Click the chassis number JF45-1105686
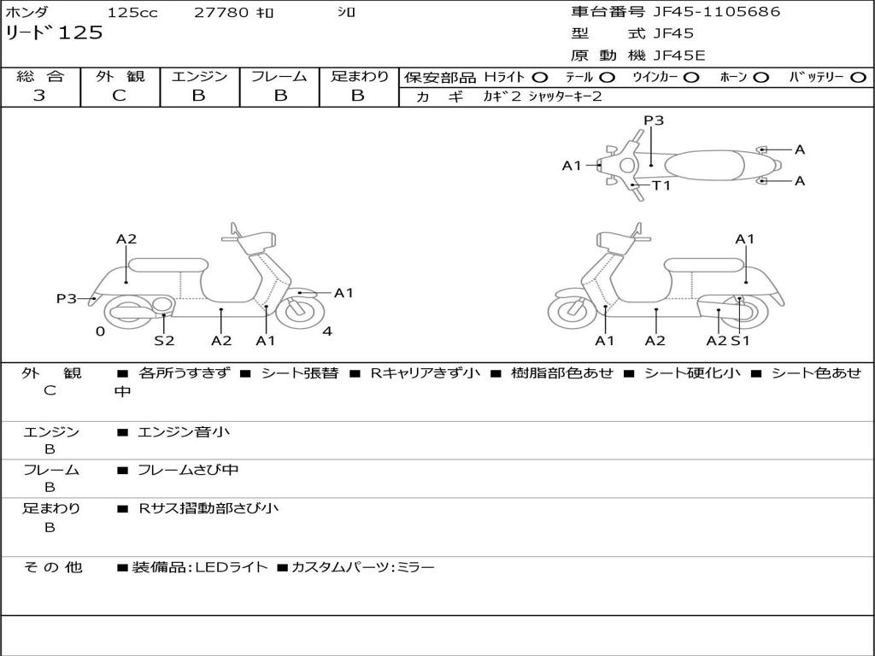(x=717, y=12)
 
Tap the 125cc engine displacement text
(x=132, y=12)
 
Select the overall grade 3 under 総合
(x=39, y=95)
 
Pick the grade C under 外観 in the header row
(x=119, y=95)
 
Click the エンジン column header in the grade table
(x=199, y=76)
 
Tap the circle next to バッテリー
(x=858, y=78)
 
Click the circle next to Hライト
(x=540, y=78)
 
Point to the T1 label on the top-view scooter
(x=661, y=185)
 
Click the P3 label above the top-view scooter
(x=654, y=120)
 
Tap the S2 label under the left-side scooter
(x=164, y=340)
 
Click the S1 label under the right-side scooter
(x=741, y=340)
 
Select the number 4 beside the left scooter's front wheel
(x=327, y=331)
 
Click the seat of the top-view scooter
(x=704, y=165)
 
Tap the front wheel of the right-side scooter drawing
(x=572, y=311)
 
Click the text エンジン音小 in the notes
(x=183, y=431)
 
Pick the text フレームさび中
(x=188, y=470)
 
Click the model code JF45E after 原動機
(x=679, y=56)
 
